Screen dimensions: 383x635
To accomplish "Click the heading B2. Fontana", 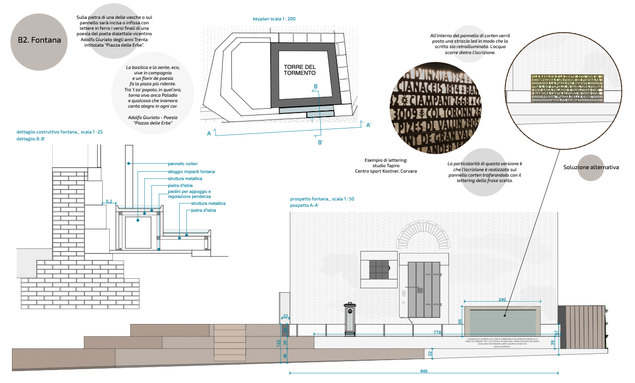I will [39, 41].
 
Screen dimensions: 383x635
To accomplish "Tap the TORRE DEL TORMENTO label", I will [299, 70].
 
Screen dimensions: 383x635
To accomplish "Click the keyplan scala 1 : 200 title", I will [274, 19].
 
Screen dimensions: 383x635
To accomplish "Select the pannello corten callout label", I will [183, 163].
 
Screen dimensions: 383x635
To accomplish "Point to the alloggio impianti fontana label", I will [191, 172].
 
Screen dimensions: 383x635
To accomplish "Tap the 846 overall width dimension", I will [423, 371].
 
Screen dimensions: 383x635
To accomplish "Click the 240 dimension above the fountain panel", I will [502, 300].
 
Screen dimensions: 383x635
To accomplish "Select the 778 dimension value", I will [437, 332].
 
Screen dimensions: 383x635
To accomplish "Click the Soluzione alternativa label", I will [591, 167].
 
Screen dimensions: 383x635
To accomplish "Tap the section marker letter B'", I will [320, 143].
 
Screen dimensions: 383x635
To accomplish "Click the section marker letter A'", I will [368, 125].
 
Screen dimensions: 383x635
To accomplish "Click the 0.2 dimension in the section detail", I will [109, 201].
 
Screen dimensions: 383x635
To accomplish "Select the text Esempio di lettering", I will [386, 160].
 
